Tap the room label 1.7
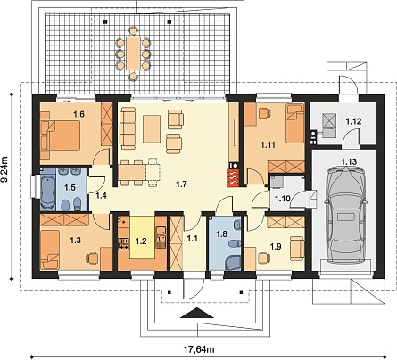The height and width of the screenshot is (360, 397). tap(181, 184)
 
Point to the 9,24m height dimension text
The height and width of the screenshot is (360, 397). tap(6, 170)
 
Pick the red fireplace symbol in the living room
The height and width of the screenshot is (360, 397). tap(233, 177)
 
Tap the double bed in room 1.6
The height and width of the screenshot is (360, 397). tap(60, 136)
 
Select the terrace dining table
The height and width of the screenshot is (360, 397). tap(133, 53)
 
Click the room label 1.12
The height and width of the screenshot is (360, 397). tap(353, 121)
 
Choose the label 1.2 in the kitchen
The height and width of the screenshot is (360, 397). tap(141, 241)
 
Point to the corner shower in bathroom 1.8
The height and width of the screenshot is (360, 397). tap(233, 263)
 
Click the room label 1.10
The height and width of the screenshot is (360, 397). tap(282, 199)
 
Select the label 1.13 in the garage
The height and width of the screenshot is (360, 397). tap(349, 162)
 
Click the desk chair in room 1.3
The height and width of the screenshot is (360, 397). tap(92, 258)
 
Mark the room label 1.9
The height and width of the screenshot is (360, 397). tap(276, 246)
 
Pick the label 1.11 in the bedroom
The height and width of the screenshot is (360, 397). tap(268, 145)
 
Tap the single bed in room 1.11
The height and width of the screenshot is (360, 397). tap(295, 123)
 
